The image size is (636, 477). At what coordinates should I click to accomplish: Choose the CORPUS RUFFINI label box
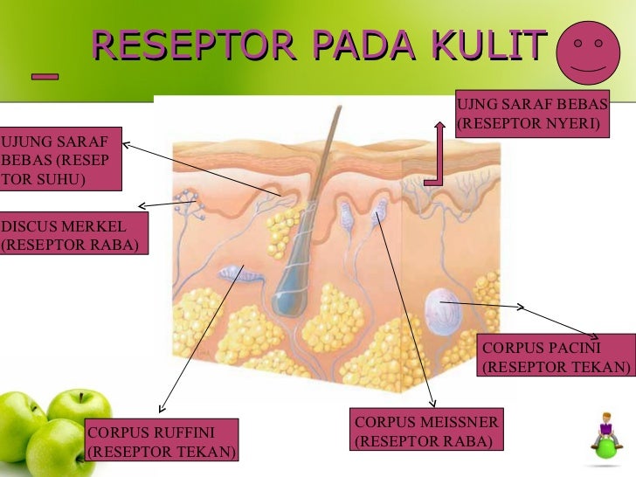pos(162,441)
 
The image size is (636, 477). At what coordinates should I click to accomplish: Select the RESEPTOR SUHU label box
pos(59,161)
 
